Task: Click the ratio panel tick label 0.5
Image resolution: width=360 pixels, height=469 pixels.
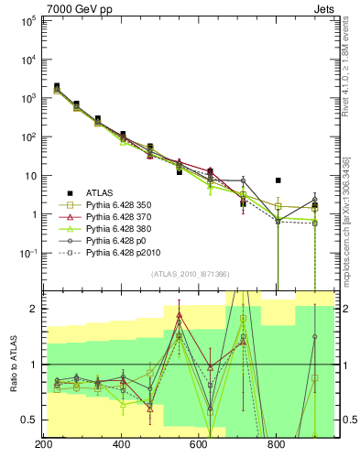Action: pos(29,420)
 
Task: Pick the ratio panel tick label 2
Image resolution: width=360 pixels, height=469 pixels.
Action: pos(33,309)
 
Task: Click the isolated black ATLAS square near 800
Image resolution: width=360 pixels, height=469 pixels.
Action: pos(278,180)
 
